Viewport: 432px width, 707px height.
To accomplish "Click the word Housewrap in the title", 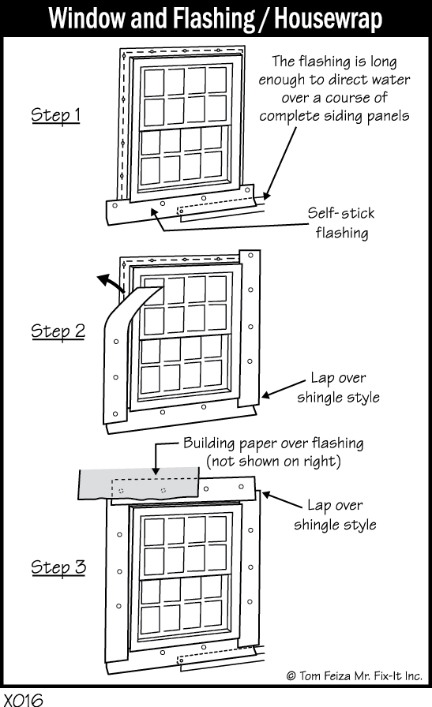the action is (x=329, y=18).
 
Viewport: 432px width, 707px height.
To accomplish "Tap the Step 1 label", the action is (x=55, y=114).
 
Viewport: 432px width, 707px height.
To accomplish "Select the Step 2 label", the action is (x=58, y=331).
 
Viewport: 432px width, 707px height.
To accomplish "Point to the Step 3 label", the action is (x=58, y=567).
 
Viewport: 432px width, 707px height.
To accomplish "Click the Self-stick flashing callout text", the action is (x=342, y=223).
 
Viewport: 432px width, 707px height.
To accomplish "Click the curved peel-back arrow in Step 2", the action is (x=111, y=283).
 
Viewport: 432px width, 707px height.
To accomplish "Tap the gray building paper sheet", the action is (x=139, y=484).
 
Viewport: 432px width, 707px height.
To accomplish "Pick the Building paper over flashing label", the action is (x=273, y=443).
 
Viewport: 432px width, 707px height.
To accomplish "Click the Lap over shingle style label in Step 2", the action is (x=338, y=387).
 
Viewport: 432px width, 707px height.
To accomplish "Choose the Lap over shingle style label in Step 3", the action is (x=335, y=514).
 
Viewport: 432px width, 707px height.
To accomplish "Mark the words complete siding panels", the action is (x=334, y=116).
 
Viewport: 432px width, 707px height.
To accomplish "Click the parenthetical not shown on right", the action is (x=273, y=462).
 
